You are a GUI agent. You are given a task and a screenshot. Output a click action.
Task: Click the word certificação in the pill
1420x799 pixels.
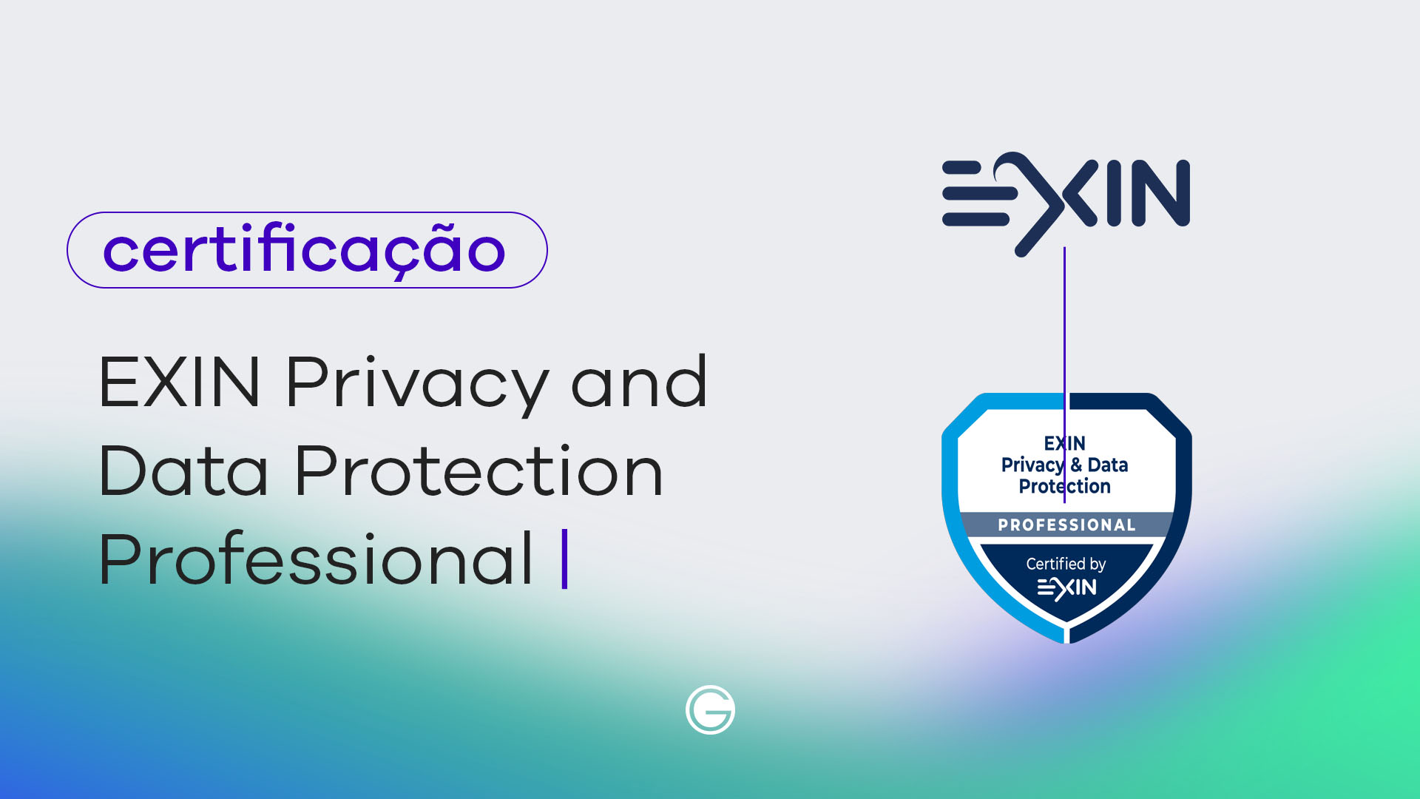[304, 250]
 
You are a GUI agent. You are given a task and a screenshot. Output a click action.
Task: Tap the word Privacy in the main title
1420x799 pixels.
[417, 383]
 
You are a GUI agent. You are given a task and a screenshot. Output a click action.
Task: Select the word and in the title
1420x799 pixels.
[639, 381]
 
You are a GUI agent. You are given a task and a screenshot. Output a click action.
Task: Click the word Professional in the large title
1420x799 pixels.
[316, 558]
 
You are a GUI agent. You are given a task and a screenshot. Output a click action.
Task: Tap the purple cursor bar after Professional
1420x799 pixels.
[565, 559]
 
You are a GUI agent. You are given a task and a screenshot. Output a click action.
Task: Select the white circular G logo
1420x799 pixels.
[710, 710]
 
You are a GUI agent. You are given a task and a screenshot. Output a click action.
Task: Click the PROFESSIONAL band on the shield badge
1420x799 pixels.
[1066, 525]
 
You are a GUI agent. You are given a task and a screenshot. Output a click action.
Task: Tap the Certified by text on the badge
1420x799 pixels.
[1066, 564]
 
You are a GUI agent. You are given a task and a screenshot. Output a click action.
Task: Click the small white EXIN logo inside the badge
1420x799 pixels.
[1066, 588]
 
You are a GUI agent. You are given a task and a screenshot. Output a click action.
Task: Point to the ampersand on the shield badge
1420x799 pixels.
[1076, 465]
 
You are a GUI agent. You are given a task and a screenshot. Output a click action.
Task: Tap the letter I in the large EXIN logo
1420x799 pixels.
[1114, 193]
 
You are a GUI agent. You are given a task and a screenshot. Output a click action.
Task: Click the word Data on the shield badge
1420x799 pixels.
[1108, 465]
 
